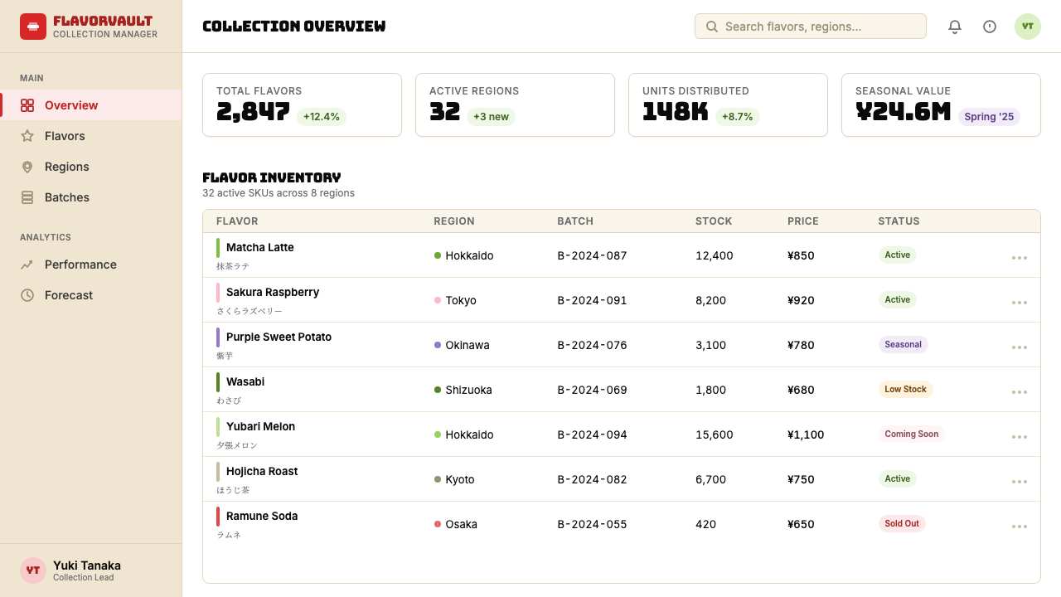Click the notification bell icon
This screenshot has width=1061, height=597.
coord(954,27)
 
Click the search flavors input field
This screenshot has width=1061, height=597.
coord(810,27)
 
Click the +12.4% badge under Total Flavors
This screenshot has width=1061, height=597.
coord(321,117)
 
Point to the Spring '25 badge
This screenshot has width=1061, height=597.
coord(989,117)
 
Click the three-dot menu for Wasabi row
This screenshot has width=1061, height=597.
coord(1019,392)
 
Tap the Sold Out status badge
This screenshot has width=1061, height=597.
coord(901,523)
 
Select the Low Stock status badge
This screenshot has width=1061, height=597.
coord(905,390)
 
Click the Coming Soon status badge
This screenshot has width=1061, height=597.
coord(911,434)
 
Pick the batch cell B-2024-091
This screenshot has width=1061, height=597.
coord(592,300)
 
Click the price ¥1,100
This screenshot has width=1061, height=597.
coord(805,434)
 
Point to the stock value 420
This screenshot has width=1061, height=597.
coord(705,524)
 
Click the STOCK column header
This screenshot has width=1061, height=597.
coord(714,221)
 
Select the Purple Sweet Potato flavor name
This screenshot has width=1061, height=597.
coord(279,337)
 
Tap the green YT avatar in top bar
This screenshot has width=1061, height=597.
coord(1027,27)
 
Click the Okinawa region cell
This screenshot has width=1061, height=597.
coord(462,345)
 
